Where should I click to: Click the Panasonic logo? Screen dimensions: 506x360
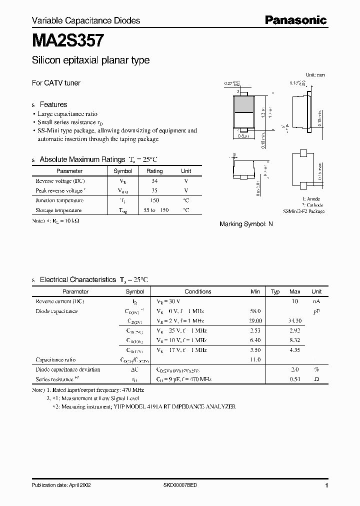[295, 20]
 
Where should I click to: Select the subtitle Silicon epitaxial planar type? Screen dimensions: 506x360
[90, 61]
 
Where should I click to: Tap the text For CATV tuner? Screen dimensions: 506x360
[56, 83]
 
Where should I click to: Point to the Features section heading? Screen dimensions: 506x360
[53, 104]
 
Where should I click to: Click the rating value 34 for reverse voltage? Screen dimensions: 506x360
[154, 181]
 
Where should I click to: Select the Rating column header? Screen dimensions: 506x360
[154, 171]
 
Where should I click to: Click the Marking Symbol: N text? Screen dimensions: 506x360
[246, 224]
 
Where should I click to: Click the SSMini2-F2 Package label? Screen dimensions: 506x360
[303, 211]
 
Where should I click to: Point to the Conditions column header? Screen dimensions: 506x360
[198, 291]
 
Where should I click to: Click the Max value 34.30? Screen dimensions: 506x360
[295, 321]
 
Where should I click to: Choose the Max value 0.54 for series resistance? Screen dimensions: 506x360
[295, 379]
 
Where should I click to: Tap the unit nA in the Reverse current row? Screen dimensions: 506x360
[316, 301]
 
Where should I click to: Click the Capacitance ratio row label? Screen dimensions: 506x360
[55, 359]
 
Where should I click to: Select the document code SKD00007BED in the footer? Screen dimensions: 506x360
[180, 485]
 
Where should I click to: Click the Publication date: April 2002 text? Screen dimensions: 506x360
[61, 485]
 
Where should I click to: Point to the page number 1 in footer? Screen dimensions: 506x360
[326, 485]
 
